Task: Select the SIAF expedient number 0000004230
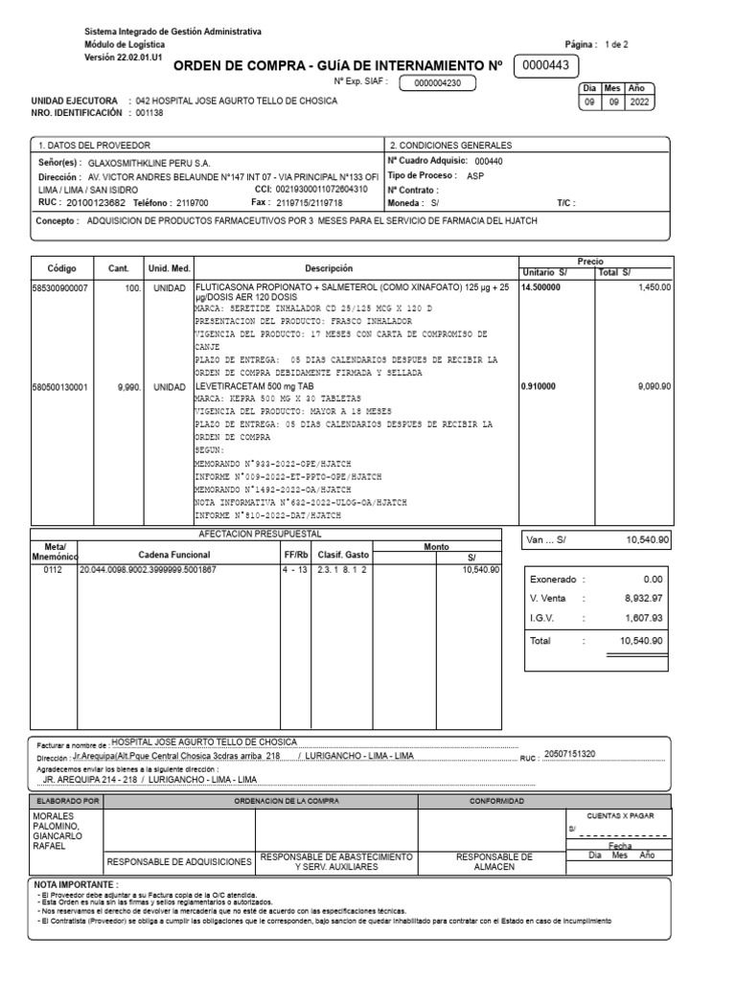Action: coord(437,83)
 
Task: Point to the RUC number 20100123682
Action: coord(96,202)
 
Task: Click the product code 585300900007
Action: coord(60,286)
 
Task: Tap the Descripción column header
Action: coord(329,268)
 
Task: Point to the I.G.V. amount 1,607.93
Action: coord(642,618)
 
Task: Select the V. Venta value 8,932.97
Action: coord(642,599)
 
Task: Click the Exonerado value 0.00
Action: coord(654,579)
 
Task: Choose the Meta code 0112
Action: coord(54,569)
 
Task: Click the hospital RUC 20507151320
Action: coord(569,755)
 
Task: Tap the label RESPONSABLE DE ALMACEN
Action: coord(494,861)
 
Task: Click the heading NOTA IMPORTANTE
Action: coord(76,884)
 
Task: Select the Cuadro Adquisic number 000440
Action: coord(488,162)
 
